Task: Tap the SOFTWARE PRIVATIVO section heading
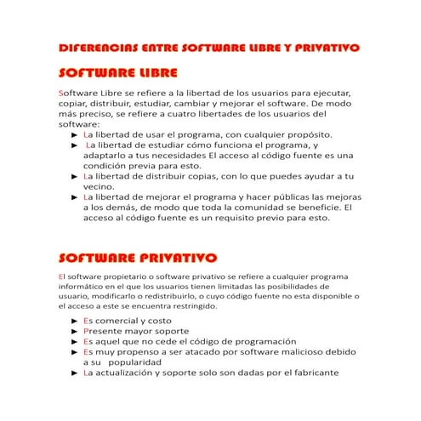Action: (x=136, y=258)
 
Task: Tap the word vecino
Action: (x=99, y=185)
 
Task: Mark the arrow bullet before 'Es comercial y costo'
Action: (x=75, y=321)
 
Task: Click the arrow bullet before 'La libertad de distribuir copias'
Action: (x=75, y=176)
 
